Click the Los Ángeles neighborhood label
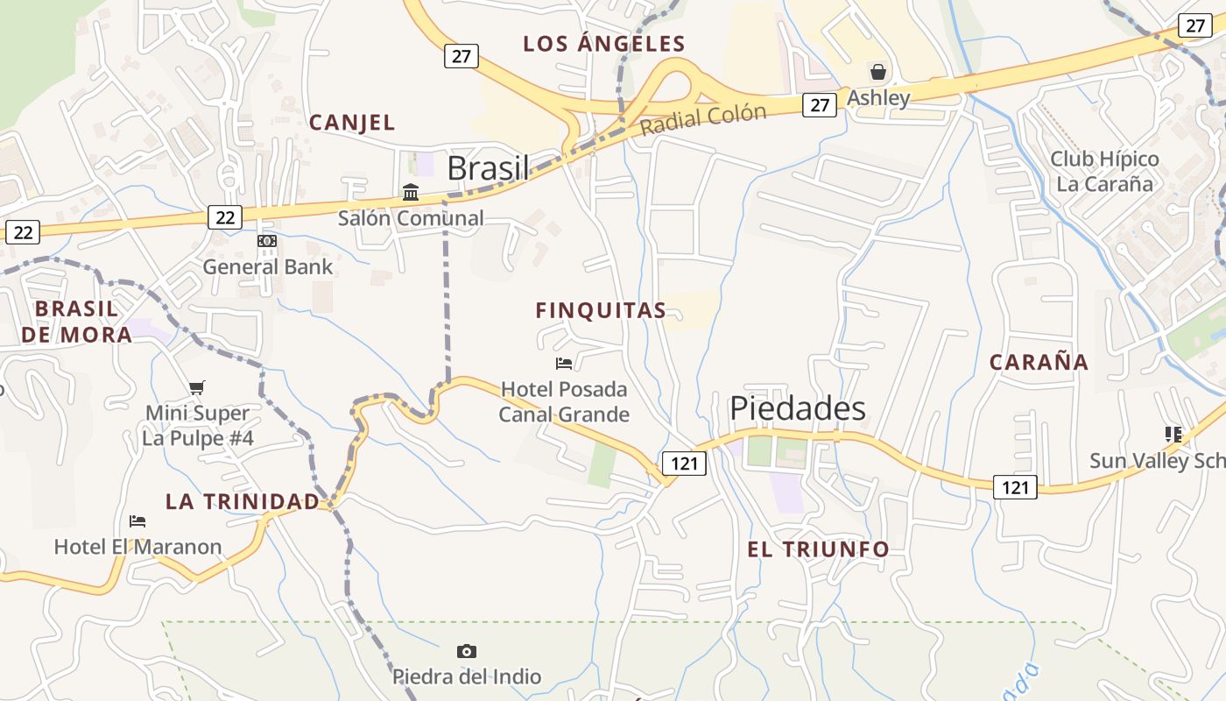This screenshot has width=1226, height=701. coord(603,43)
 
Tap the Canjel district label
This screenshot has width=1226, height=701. coord(352,123)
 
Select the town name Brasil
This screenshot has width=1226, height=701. coord(489,168)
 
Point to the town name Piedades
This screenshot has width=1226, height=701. coord(798,408)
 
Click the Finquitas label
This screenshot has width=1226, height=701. coord(601,310)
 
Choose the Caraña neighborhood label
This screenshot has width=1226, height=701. coord(1039,362)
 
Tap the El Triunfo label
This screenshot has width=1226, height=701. coord(818,549)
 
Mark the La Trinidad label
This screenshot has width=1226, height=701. coord(243,501)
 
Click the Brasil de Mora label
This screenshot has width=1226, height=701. coord(77,321)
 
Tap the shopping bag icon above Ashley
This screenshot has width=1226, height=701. coord(877,72)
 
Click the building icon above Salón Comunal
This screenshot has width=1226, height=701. coord(411,192)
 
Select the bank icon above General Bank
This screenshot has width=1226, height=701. coord(267,241)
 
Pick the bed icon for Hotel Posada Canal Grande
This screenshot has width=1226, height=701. coord(564,363)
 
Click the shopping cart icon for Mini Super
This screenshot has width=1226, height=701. coord(197,387)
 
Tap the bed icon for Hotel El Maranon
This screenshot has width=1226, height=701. coord(137,521)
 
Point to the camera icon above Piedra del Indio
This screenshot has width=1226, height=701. coord(467,651)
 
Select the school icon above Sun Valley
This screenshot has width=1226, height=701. coord(1173,434)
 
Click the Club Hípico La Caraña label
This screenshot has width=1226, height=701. coord(1104,172)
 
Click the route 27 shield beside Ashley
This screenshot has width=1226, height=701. coord(819,105)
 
